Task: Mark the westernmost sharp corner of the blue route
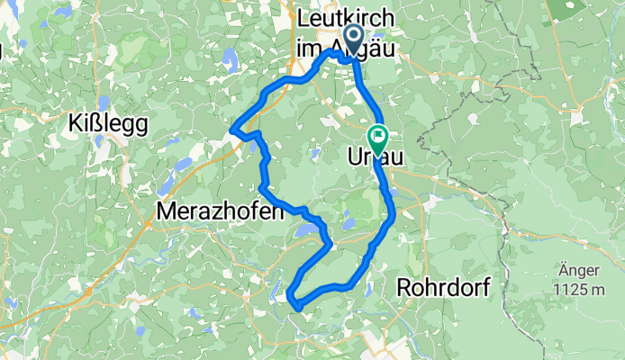point(233,130)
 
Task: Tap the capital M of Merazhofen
point(166,211)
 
